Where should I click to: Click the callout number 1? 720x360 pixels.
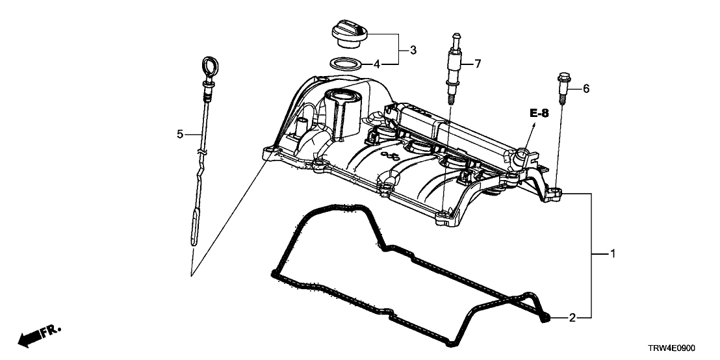611,253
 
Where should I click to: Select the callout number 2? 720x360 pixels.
572,318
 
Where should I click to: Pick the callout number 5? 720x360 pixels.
180,134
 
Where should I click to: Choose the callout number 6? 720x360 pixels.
585,88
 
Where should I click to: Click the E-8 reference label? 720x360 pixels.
539,114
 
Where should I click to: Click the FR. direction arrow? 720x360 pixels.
39,335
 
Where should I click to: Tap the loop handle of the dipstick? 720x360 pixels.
209,67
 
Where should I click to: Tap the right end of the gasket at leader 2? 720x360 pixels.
545,317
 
